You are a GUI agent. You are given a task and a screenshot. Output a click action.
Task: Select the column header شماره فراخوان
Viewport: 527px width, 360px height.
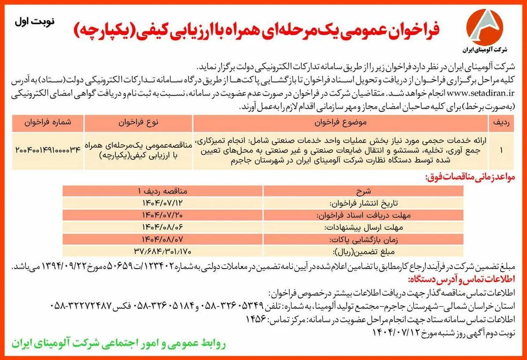point(48,123)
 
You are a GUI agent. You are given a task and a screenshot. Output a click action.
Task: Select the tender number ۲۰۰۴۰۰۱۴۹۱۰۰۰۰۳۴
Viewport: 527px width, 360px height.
point(48,150)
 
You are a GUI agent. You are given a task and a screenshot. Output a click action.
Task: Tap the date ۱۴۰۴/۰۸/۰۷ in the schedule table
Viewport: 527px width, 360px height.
point(162,240)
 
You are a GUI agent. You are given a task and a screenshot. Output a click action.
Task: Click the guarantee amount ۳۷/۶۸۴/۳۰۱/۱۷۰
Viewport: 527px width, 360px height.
point(162,251)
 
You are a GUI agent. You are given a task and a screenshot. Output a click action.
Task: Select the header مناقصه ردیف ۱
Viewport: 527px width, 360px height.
point(162,191)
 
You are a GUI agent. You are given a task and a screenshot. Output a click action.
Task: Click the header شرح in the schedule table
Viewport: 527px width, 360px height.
point(363,191)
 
